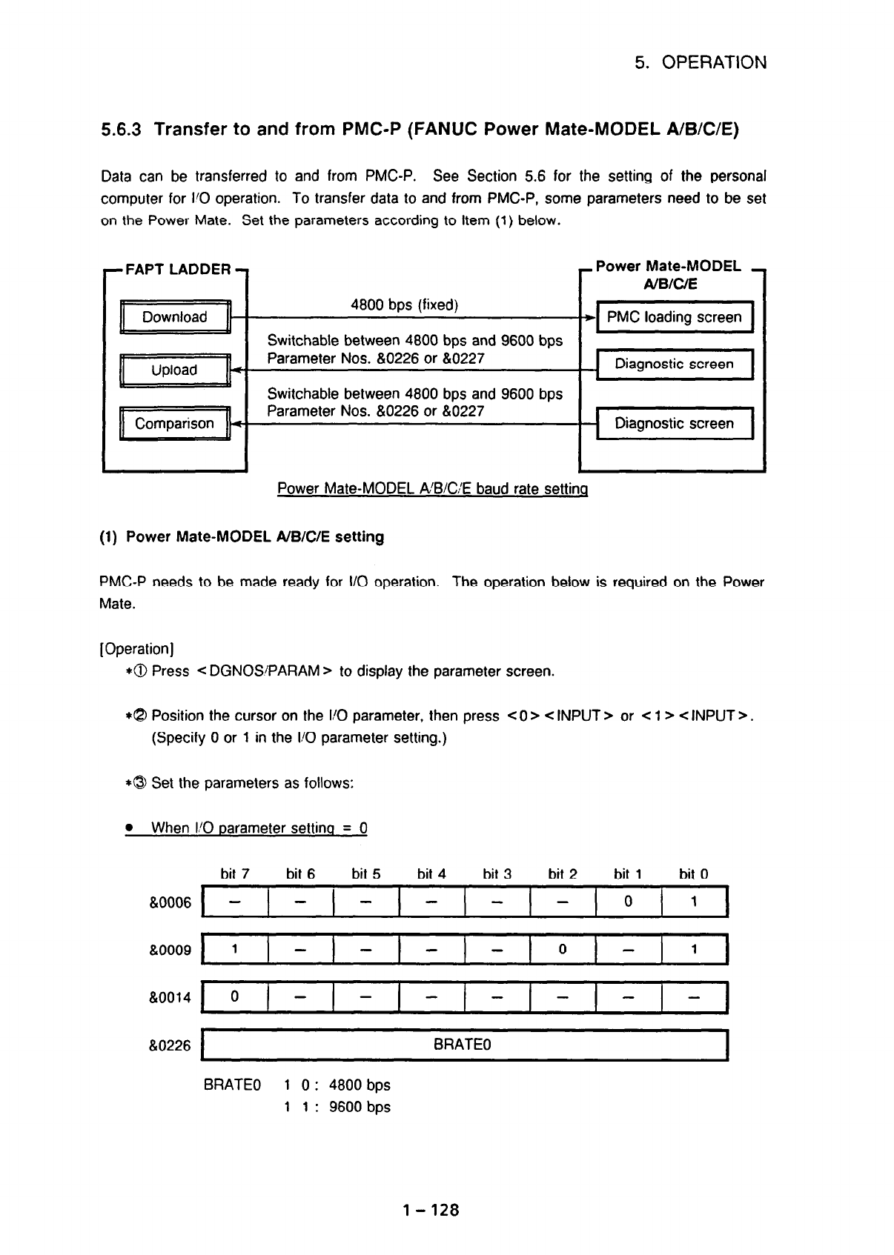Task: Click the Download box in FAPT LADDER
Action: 175,317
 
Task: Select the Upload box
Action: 175,370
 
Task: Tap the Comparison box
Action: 175,424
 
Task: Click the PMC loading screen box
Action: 674,317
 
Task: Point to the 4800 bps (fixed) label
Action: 404,305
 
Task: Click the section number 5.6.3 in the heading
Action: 126,130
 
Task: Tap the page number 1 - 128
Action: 431,1211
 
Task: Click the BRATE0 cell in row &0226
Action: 466,1045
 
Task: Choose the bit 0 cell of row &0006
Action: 694,902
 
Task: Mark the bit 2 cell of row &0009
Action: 563,950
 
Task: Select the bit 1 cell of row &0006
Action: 628,902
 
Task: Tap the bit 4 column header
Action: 431,874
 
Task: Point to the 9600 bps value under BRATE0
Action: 359,1107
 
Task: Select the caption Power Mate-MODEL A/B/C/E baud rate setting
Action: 432,489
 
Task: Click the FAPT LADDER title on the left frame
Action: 178,270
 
